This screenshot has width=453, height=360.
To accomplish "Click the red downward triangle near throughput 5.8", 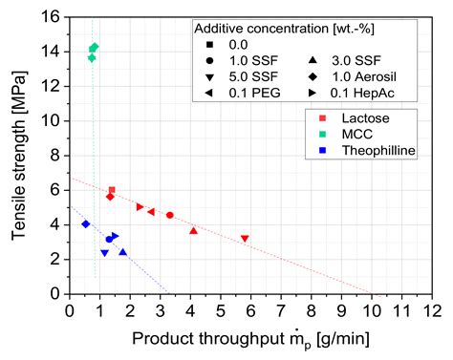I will coord(245,239).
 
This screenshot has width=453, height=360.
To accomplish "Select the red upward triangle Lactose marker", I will coord(193,230).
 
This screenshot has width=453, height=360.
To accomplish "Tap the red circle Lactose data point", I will coord(169,215).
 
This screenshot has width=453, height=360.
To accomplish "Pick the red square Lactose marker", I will coord(112,190).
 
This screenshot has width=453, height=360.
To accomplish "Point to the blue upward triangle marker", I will coord(122,252).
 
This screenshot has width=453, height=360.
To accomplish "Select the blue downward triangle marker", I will coord(104,253).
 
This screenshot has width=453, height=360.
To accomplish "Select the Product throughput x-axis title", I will coord(250,339).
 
